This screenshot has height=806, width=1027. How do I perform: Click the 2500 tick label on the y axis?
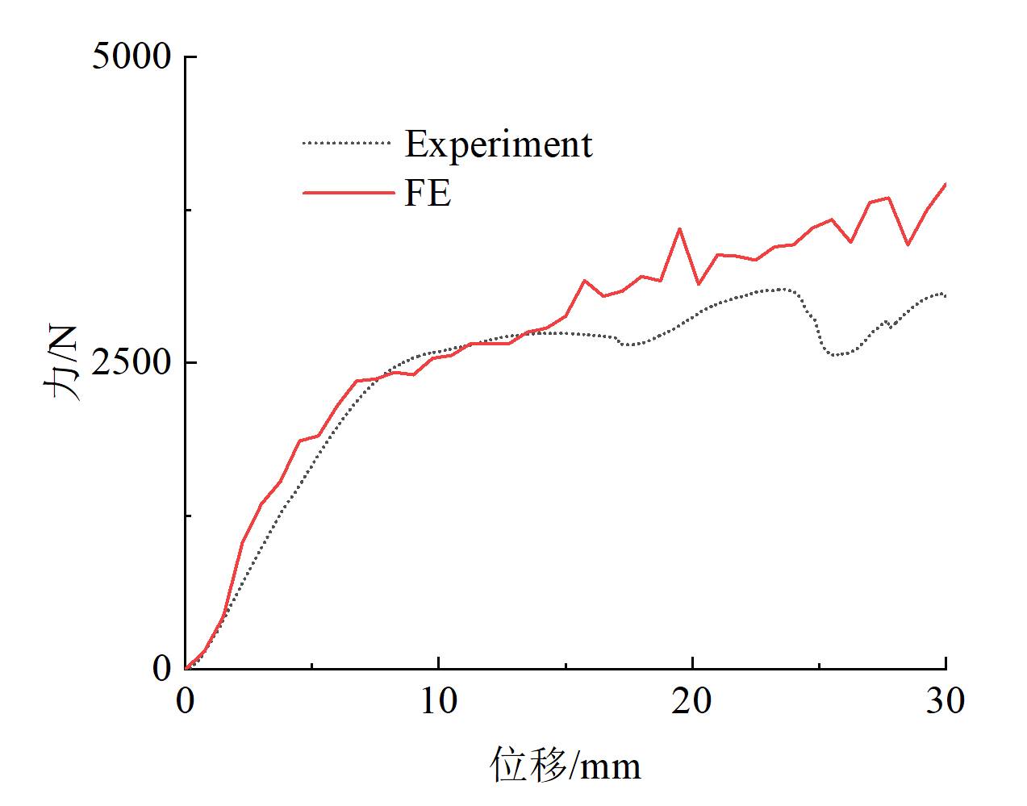131,363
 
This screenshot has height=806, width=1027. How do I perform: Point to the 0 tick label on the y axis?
162,669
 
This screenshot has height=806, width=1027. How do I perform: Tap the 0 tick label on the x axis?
186,701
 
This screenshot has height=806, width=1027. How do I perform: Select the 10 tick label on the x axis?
438,701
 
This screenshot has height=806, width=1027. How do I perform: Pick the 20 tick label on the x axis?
692,701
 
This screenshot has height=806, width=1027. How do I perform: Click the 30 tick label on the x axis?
945,701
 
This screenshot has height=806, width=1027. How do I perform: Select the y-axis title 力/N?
62,363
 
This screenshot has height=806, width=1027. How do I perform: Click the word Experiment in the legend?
499,144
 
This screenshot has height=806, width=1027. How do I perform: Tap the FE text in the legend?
428,193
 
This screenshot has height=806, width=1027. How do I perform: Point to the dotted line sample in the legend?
345,144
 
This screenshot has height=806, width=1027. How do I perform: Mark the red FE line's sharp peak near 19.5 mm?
680,228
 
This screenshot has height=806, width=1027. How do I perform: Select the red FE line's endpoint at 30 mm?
945,185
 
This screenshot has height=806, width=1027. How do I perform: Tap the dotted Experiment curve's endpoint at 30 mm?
945,296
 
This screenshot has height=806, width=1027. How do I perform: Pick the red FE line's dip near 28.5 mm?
908,244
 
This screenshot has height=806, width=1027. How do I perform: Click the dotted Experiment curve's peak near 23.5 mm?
780,289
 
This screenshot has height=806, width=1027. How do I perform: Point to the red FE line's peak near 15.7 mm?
584,280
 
